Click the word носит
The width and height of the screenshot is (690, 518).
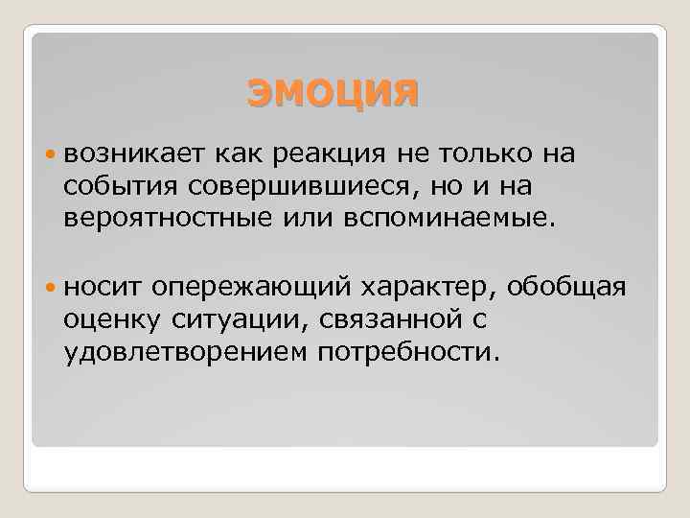click(x=102, y=286)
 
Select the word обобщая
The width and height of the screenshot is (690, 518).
click(x=566, y=286)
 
